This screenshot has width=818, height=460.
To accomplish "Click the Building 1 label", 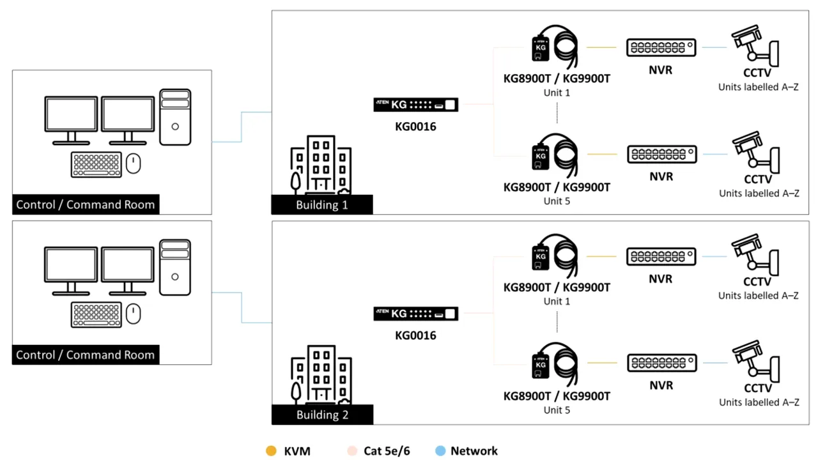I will pyautogui.click(x=321, y=205).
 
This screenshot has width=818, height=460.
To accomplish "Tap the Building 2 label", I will pyautogui.click(x=322, y=415).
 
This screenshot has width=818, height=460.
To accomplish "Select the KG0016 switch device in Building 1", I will pyautogui.click(x=415, y=105).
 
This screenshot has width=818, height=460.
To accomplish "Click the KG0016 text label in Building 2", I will pyautogui.click(x=415, y=335).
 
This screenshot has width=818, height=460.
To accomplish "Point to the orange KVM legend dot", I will pyautogui.click(x=271, y=451).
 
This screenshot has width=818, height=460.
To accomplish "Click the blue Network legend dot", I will pyautogui.click(x=440, y=451).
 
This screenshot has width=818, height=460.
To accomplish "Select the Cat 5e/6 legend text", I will pyautogui.click(x=387, y=451).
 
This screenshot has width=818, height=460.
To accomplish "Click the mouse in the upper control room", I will pyautogui.click(x=133, y=164).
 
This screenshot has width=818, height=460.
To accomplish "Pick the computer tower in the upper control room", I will pyautogui.click(x=174, y=117).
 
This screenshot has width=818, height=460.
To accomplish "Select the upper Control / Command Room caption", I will pyautogui.click(x=86, y=205).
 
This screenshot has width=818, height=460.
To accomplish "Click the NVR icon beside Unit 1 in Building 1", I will pyautogui.click(x=661, y=47).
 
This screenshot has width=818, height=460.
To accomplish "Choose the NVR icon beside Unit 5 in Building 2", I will pyautogui.click(x=661, y=363).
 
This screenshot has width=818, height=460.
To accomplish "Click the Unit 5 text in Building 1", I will pyautogui.click(x=557, y=201).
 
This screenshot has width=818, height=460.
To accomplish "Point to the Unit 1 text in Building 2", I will pyautogui.click(x=557, y=301).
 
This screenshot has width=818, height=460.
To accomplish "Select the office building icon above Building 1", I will pyautogui.click(x=321, y=164).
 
